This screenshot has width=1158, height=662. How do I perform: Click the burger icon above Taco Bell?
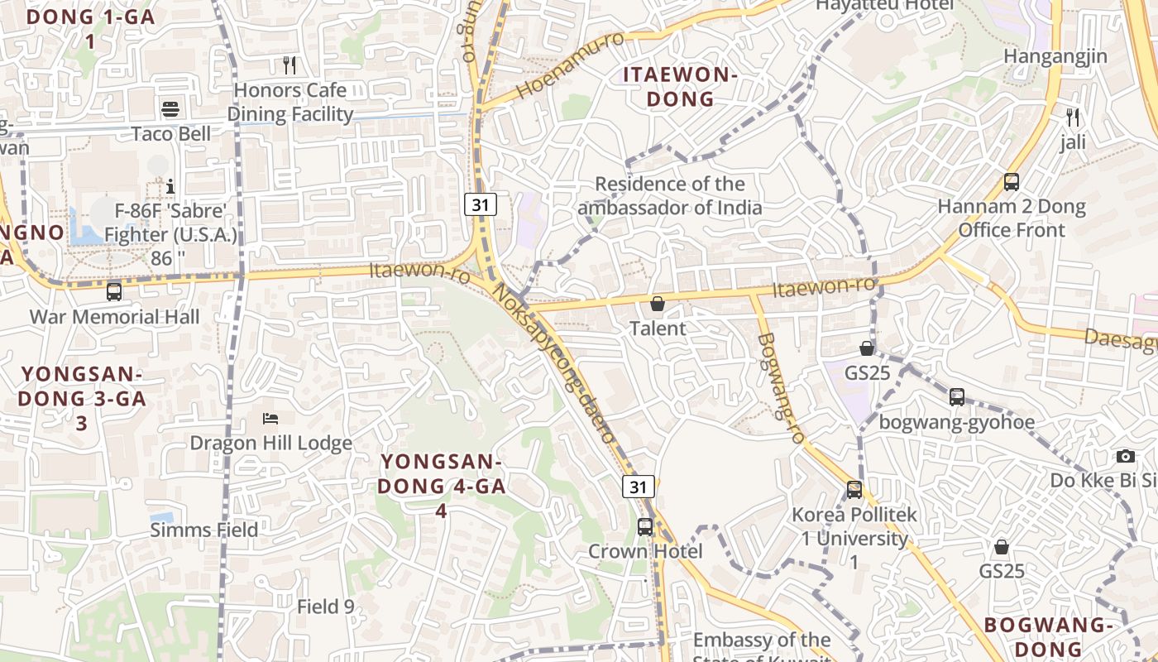[170, 109]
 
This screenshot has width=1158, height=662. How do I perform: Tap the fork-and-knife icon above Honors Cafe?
[289, 65]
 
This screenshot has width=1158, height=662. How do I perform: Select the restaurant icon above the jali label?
[1073, 118]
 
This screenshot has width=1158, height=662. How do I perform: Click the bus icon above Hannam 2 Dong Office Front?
[1011, 182]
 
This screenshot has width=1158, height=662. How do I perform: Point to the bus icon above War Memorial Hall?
[114, 291]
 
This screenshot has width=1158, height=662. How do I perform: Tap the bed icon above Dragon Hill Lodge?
[270, 418]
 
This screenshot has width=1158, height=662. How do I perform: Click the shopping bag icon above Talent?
[658, 304]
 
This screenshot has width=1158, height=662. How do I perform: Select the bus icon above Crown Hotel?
[645, 526]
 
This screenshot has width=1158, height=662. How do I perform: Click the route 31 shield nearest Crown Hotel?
[639, 487]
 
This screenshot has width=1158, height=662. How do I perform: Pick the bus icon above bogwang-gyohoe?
[957, 397]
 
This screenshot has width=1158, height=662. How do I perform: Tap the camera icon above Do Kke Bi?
[1125, 456]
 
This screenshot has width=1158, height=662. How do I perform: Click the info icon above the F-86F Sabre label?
[170, 186]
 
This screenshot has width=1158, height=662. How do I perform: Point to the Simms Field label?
[204, 530]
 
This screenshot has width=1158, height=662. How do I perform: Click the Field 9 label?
[326, 607]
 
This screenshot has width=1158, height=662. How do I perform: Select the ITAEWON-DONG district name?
[680, 87]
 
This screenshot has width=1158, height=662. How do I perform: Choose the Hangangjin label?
[1055, 56]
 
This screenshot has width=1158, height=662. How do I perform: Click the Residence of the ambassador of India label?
[670, 195]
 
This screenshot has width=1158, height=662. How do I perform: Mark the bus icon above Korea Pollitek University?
[854, 490]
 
